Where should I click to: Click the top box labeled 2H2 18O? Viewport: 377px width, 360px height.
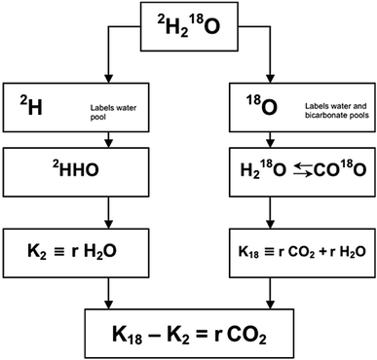coord(188,29)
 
